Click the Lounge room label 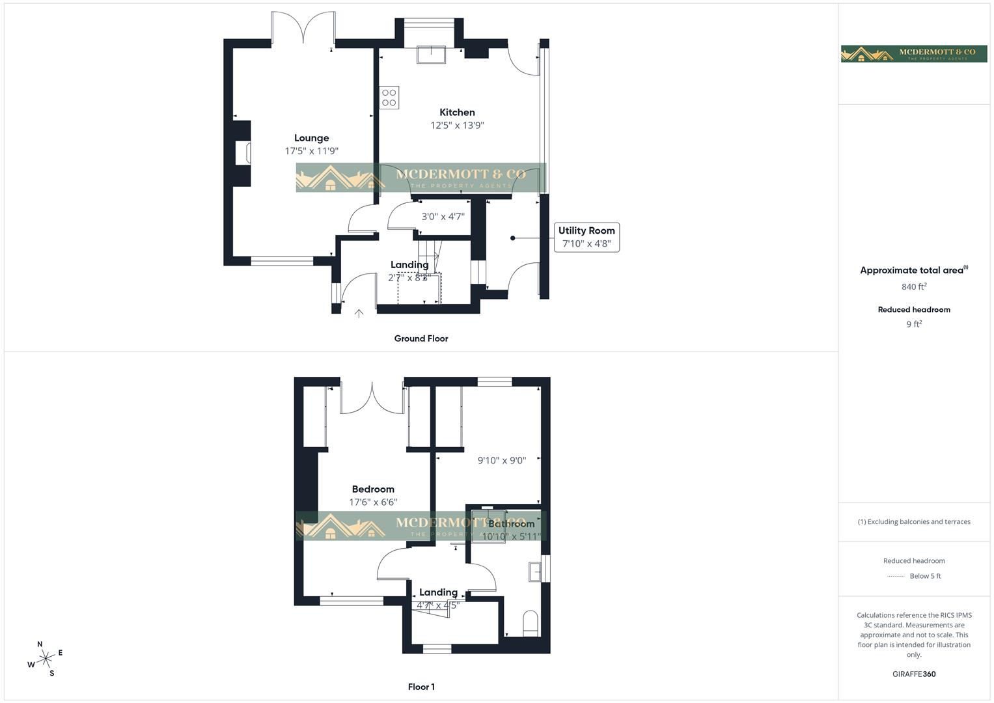(311, 138)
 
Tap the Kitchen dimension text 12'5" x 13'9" (457, 126)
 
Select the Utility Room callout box (586, 237)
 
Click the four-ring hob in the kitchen (389, 98)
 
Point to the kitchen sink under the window (431, 55)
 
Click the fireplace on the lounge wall (243, 153)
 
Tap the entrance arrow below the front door (359, 314)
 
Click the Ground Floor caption (421, 338)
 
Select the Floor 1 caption (421, 687)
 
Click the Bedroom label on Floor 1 (373, 489)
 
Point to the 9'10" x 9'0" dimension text (501, 461)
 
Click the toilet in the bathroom (531, 623)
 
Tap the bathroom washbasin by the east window (535, 571)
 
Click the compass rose (46, 659)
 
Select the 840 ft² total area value (914, 286)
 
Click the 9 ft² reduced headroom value (914, 324)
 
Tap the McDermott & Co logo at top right (914, 53)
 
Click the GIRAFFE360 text (914, 674)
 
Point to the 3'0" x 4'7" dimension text (443, 217)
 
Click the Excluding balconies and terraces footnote (914, 521)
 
